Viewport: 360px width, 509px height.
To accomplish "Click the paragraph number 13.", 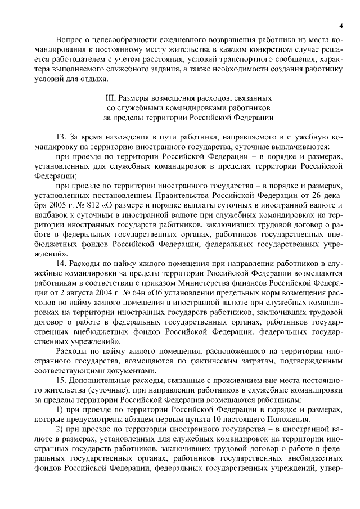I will click(62, 137).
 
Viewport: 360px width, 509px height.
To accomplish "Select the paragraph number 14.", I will click(62, 263).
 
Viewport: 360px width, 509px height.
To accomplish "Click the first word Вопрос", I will click(71, 40).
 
